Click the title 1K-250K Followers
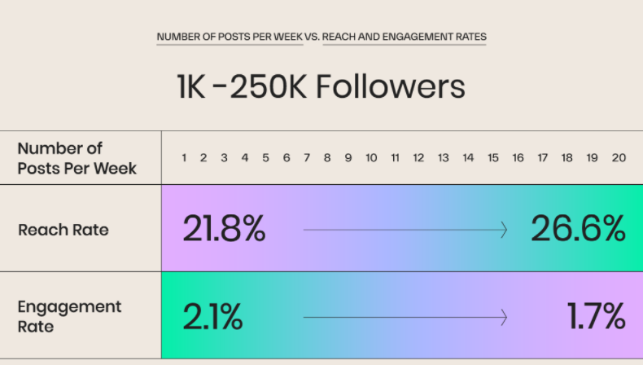tap(321, 86)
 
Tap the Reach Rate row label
tap(63, 230)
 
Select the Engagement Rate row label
tap(69, 316)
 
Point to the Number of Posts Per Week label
tap(77, 158)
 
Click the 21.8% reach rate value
tap(224, 230)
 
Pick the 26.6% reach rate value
tap(578, 230)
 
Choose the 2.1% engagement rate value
tap(212, 316)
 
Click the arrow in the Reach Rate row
tap(405, 231)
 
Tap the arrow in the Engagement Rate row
tap(405, 317)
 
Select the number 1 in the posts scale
tap(184, 158)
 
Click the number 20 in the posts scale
tap(619, 158)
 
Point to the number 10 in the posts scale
tap(371, 158)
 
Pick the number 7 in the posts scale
tap(307, 158)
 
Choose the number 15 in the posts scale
tap(493, 158)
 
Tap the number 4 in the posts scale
tap(244, 158)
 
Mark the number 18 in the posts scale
tap(567, 158)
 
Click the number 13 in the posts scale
tap(444, 158)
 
